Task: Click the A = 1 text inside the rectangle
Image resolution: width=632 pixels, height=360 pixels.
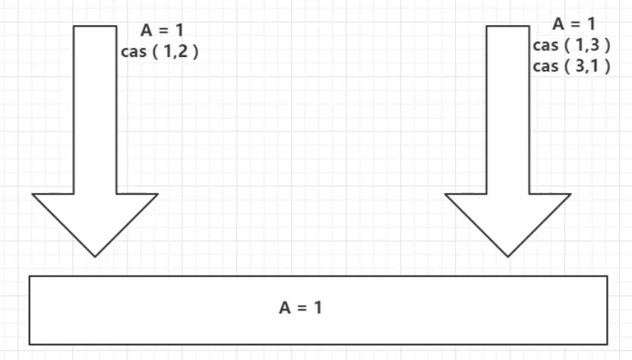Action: coord(301,308)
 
